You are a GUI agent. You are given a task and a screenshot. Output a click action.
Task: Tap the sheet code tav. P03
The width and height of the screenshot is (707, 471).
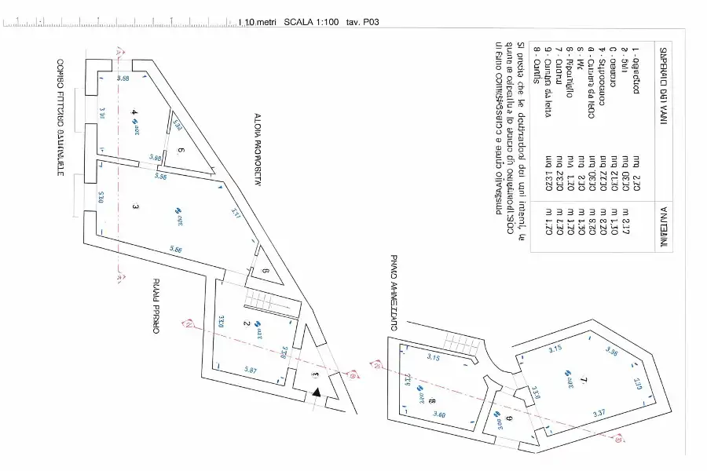(x=363, y=23)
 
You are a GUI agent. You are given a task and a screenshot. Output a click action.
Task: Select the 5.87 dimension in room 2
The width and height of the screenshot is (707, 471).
(x=251, y=371)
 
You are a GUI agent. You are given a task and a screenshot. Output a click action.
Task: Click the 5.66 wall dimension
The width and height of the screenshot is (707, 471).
(x=176, y=250)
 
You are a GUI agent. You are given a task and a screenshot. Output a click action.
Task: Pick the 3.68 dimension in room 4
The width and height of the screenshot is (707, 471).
(x=123, y=79)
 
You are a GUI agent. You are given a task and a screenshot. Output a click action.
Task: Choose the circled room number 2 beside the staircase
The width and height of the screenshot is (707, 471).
(x=245, y=323)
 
